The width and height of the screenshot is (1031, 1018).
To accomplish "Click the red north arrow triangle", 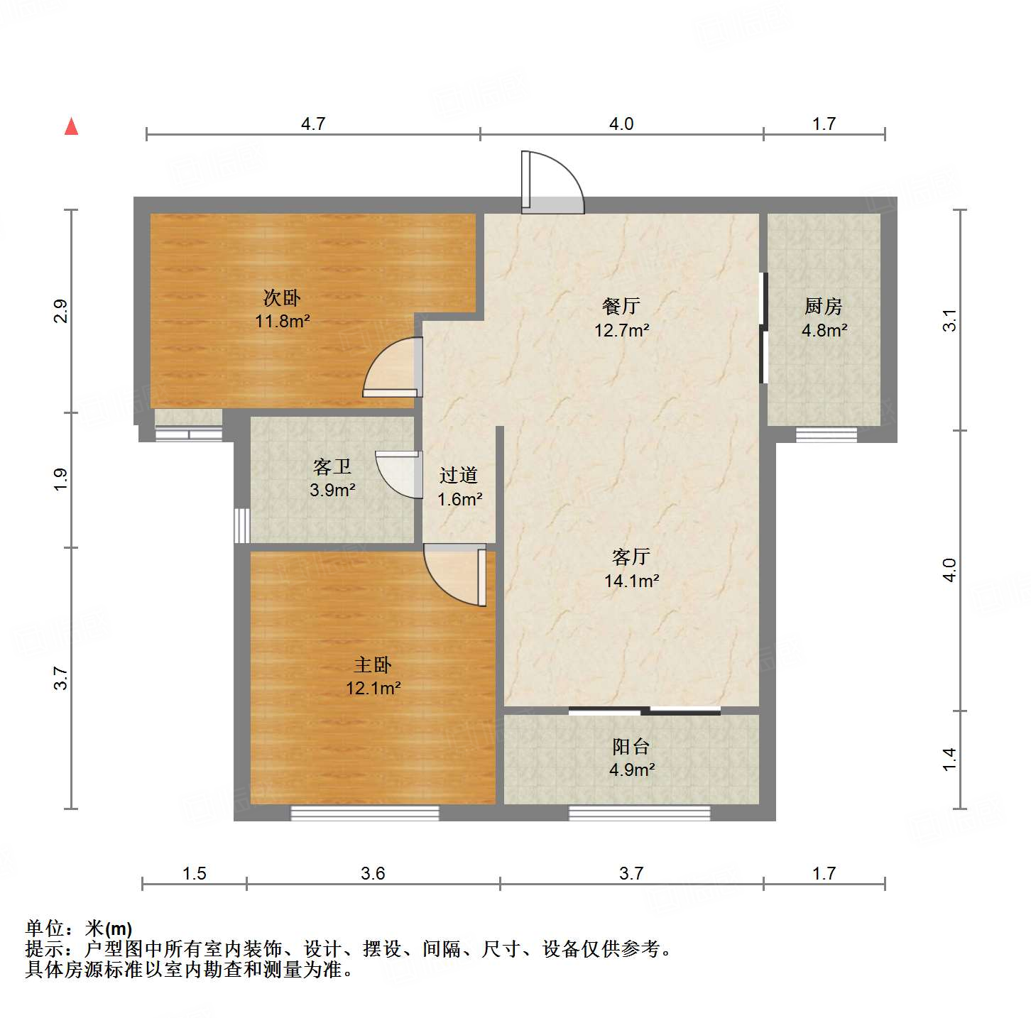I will pyautogui.click(x=71, y=126).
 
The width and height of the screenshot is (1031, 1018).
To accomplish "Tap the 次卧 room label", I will pyautogui.click(x=282, y=297).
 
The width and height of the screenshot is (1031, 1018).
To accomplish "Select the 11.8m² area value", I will pyautogui.click(x=282, y=321).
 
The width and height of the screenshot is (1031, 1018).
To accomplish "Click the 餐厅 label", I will pyautogui.click(x=621, y=306).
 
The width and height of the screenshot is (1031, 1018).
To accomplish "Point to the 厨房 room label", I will pyautogui.click(x=824, y=306).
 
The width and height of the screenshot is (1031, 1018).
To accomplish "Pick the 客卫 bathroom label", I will pyautogui.click(x=332, y=466).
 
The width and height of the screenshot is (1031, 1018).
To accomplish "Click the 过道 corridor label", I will pyautogui.click(x=459, y=475).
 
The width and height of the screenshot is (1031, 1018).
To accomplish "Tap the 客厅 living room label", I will pyautogui.click(x=631, y=557).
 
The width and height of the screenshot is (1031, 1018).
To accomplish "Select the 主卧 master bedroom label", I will pyautogui.click(x=373, y=664).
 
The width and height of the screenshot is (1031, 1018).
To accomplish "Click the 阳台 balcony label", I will pyautogui.click(x=631, y=746).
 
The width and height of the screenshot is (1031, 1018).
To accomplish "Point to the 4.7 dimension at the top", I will pyautogui.click(x=313, y=124).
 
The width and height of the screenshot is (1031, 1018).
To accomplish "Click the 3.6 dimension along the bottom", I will pyautogui.click(x=373, y=873).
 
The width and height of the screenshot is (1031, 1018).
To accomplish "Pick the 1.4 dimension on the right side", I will pyautogui.click(x=949, y=759).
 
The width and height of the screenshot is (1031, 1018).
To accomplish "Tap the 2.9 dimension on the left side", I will pyautogui.click(x=61, y=311).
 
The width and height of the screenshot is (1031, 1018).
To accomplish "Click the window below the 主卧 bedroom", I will pyautogui.click(x=365, y=813).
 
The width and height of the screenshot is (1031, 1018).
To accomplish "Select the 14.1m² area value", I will pyautogui.click(x=631, y=581).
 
